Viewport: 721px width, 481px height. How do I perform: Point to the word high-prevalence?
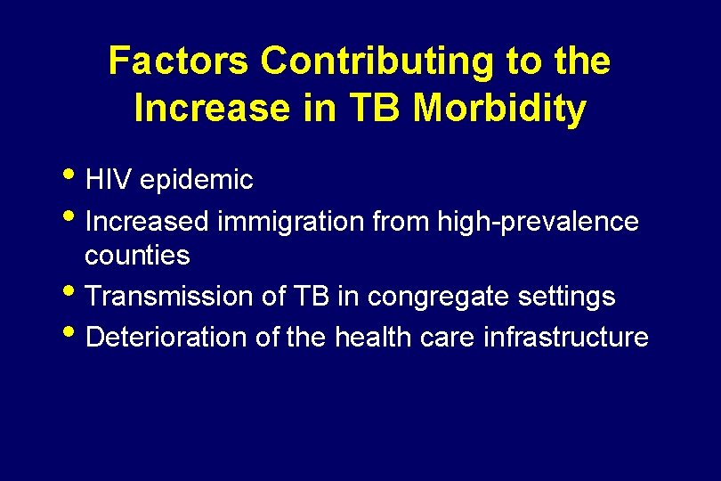point(537,221)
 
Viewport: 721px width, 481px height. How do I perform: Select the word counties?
point(137,256)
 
